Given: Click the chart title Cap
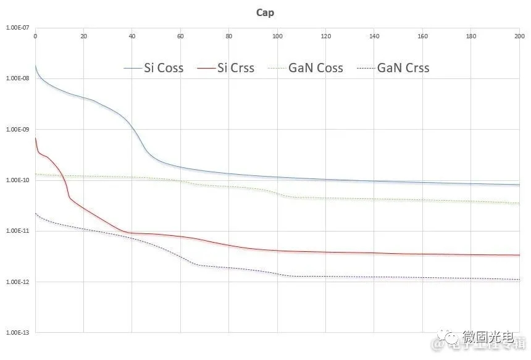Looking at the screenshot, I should (265, 13).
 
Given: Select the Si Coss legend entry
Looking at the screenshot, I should (163, 68).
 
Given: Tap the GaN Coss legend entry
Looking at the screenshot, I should (316, 68).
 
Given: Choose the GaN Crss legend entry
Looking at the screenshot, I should (403, 68).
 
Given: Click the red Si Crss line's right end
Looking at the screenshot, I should (519, 255).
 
